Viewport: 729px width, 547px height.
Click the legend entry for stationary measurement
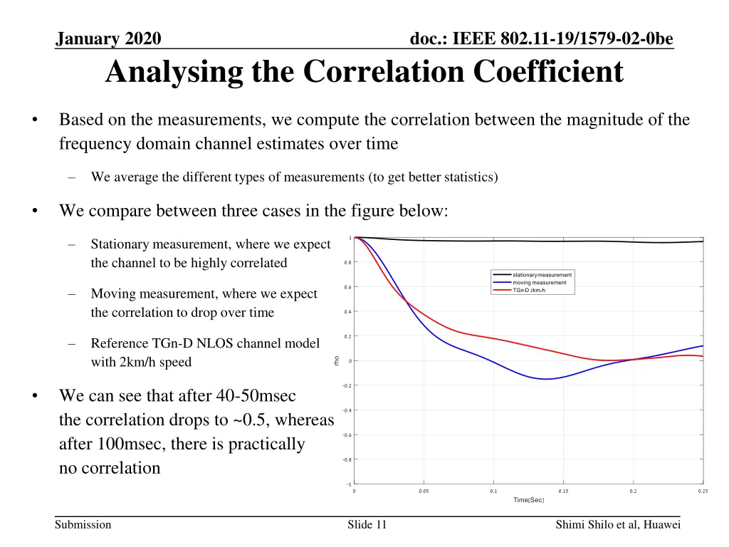542,275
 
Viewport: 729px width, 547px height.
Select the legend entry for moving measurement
539,283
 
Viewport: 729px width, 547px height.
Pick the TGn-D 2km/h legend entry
528,290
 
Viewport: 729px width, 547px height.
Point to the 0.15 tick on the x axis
563,491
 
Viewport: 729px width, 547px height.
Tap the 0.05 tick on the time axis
424,491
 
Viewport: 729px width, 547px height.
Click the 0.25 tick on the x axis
703,491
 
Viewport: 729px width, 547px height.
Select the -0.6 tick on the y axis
346,435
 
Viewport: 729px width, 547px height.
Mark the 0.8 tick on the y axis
347,263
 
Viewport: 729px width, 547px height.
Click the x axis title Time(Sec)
528,500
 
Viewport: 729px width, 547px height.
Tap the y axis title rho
336,361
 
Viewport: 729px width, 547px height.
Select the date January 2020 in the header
108,38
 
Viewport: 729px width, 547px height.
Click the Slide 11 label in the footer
367,525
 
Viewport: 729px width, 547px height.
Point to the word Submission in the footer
83,525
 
